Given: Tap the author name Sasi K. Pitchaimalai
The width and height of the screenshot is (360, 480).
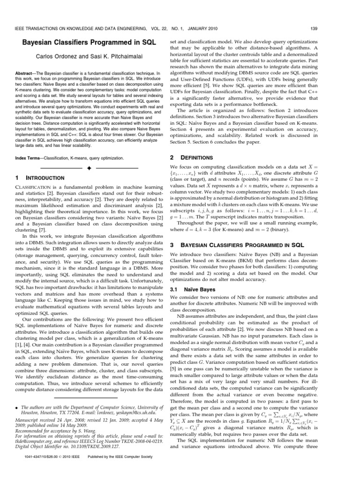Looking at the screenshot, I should click(112, 56).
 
